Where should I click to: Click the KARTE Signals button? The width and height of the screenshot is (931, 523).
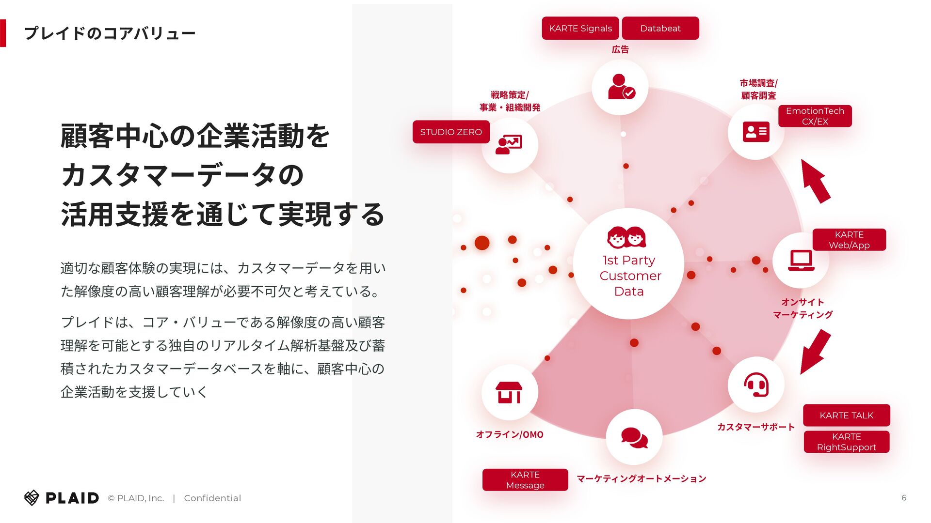(580, 28)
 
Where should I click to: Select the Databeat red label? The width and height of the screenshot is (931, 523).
(660, 28)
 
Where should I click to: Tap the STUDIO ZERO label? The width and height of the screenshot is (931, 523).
(450, 132)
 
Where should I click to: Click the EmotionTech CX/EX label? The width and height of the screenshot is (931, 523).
(815, 116)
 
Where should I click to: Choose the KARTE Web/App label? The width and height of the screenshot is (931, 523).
(849, 240)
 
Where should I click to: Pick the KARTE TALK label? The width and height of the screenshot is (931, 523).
(846, 415)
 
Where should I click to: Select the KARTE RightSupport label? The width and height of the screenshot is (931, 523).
(846, 442)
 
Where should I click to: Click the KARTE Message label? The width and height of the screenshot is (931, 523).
(525, 479)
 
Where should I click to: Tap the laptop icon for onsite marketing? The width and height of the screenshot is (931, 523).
(801, 261)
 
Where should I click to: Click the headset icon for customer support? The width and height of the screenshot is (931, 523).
(755, 385)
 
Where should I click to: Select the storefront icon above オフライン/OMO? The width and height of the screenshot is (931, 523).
(509, 392)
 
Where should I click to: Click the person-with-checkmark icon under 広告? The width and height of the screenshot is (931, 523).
(620, 87)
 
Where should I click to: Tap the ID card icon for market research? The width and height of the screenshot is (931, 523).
(755, 132)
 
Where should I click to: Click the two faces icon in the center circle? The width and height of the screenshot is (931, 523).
(626, 237)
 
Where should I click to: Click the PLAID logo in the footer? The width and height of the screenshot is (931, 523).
(62, 498)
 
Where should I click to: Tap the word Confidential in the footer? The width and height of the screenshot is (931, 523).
(212, 498)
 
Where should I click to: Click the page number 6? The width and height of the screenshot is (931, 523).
(903, 498)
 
